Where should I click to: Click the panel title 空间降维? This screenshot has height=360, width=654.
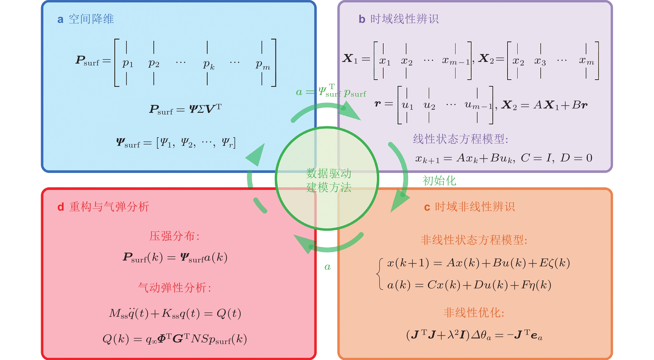tap(91, 19)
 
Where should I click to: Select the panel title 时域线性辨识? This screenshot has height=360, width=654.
tap(404, 19)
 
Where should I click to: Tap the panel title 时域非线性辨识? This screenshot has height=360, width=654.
tap(475, 207)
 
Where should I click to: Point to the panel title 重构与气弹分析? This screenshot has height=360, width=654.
tap(109, 207)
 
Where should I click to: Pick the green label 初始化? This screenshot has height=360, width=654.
tap(439, 181)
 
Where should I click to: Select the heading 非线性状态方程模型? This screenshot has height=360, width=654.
tap(474, 240)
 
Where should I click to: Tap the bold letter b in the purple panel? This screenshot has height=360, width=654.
tap(362, 20)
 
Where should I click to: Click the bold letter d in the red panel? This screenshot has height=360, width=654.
tap(60, 207)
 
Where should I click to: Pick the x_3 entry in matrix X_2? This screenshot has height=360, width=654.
tap(540, 61)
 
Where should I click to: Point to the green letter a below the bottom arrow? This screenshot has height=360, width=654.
tap(327, 267)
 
